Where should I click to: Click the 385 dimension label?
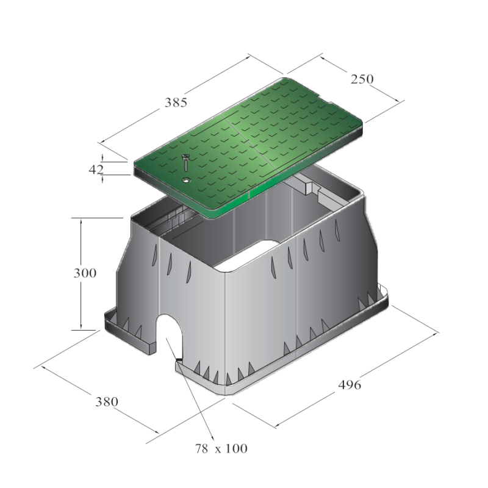176,102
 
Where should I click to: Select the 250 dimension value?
362,79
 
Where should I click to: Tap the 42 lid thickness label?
96,170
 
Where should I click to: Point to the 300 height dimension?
85,273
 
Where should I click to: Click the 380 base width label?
107,402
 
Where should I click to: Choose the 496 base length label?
350,385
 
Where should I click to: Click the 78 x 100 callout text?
221,448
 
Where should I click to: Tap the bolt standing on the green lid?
186,162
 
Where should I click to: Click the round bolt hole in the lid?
187,180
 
